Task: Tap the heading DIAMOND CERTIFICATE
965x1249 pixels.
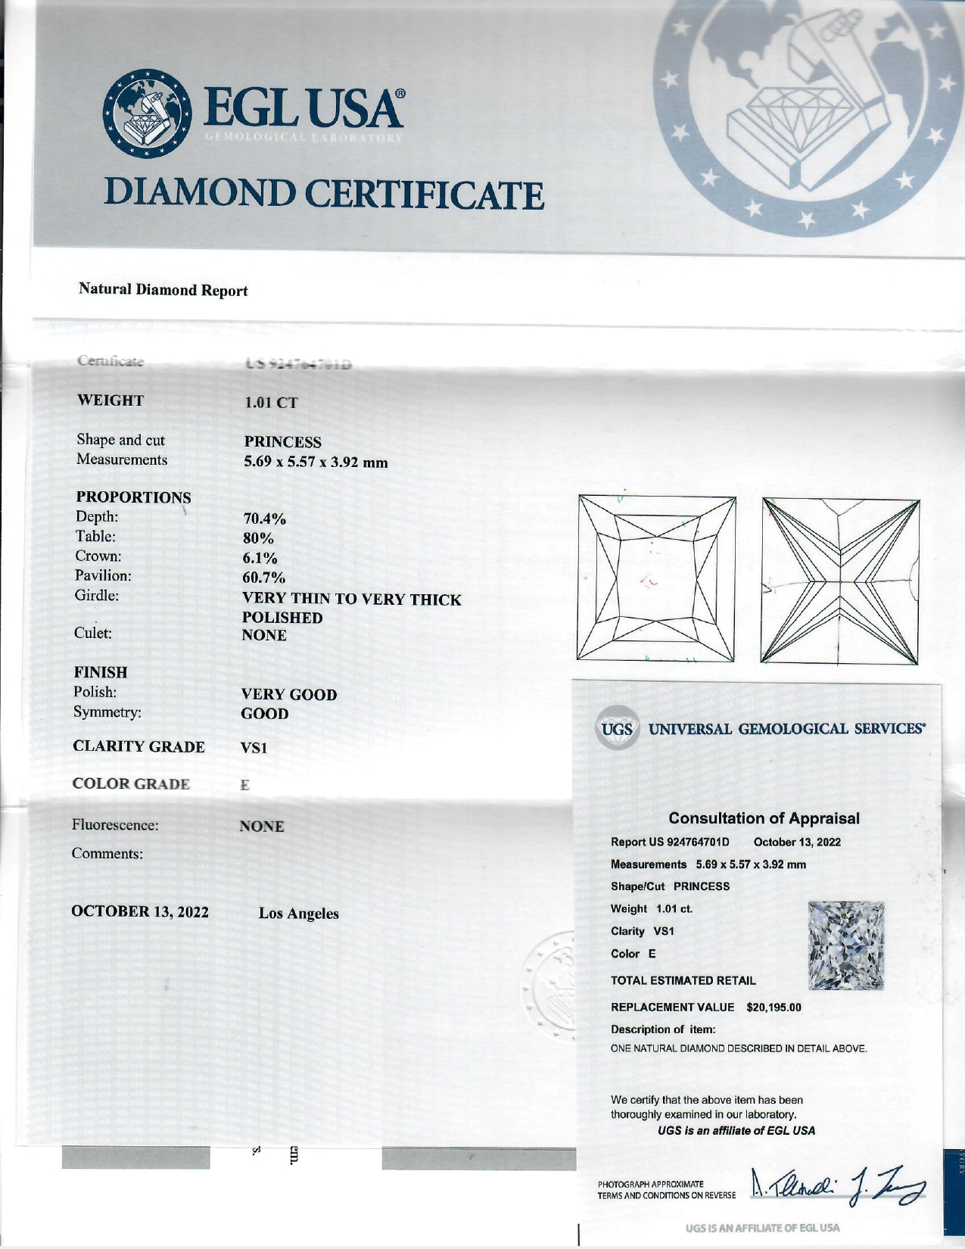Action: pyautogui.click(x=324, y=195)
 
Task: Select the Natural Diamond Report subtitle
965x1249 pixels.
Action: pyautogui.click(x=163, y=290)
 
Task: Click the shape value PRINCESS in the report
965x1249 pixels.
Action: pyautogui.click(x=282, y=442)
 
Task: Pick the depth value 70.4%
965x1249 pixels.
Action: pyautogui.click(x=264, y=519)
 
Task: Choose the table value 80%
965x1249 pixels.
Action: pyautogui.click(x=257, y=539)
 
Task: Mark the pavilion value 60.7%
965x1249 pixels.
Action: pyautogui.click(x=263, y=579)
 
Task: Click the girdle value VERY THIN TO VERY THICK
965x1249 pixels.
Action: pyautogui.click(x=351, y=600)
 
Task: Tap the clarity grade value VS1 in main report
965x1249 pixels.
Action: pyautogui.click(x=254, y=748)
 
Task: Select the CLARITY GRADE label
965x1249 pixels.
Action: pyautogui.click(x=139, y=746)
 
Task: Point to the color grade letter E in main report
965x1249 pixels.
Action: pyautogui.click(x=244, y=786)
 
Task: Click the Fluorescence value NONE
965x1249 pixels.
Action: pyautogui.click(x=262, y=827)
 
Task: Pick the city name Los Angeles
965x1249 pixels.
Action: pyautogui.click(x=298, y=914)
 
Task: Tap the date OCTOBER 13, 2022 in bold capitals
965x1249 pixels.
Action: pyautogui.click(x=140, y=911)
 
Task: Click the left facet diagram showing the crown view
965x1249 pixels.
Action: pyautogui.click(x=656, y=578)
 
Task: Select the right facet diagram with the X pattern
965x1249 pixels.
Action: pyautogui.click(x=840, y=581)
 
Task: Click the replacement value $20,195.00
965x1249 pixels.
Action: pyautogui.click(x=774, y=1008)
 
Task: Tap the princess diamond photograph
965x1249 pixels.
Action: pyautogui.click(x=846, y=946)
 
